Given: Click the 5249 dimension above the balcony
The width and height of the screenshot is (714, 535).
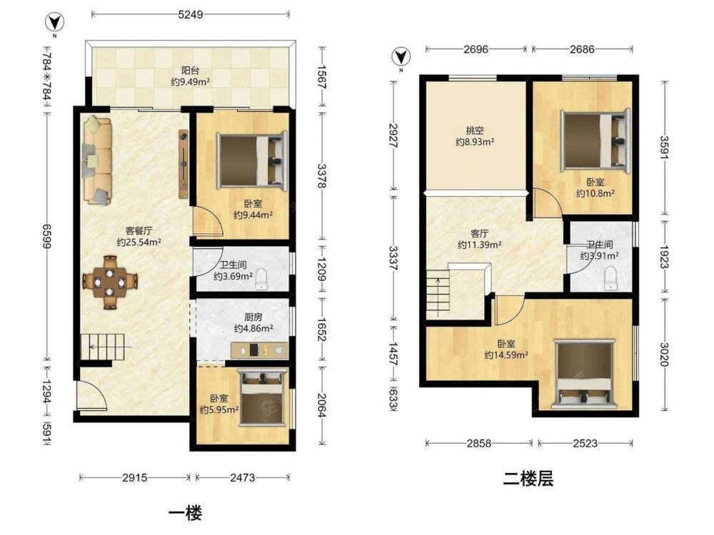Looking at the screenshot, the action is click(x=191, y=15).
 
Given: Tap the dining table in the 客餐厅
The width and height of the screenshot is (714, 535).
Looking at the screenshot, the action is click(x=110, y=282).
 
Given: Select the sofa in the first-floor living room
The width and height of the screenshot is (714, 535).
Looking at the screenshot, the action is click(x=97, y=161).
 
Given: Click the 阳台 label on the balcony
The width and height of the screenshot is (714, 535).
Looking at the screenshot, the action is click(x=191, y=71).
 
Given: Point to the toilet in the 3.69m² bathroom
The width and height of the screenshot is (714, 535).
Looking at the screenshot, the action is click(x=261, y=279).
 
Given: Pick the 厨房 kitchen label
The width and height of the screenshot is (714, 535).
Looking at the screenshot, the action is click(x=253, y=317).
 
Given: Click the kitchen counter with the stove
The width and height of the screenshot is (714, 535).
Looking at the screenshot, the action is click(x=259, y=350).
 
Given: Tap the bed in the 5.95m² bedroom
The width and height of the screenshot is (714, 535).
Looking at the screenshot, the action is click(x=263, y=397).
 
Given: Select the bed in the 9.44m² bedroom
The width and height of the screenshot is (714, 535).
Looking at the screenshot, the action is click(x=252, y=160).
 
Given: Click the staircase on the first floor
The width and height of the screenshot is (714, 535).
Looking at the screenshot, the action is click(x=102, y=347).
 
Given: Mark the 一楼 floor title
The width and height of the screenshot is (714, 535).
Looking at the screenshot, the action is click(x=186, y=513).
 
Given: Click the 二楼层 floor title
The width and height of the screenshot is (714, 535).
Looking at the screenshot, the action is click(x=528, y=479).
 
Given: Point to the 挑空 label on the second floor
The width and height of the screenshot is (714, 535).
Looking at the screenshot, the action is click(x=475, y=131).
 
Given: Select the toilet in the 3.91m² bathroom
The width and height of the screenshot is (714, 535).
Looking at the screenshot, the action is click(x=610, y=278).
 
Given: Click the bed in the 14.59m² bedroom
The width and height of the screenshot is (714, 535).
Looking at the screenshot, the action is click(x=584, y=374).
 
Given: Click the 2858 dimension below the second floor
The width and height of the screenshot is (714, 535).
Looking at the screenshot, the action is click(x=478, y=443).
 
